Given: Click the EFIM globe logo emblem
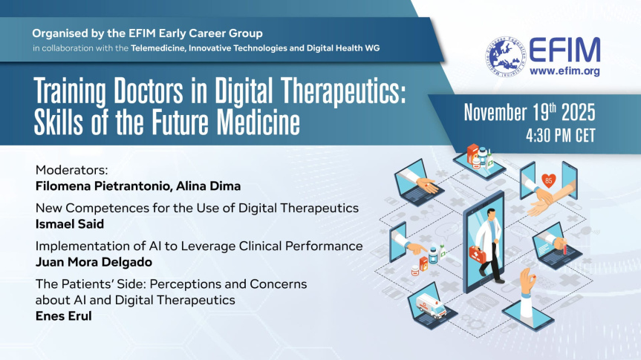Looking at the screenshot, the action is click(x=505, y=56).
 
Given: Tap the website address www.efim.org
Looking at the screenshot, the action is click(x=564, y=71).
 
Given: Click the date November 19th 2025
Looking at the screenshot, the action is click(x=530, y=112).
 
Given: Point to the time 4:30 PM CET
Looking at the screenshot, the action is click(x=561, y=136).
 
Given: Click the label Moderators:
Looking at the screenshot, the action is click(x=71, y=169).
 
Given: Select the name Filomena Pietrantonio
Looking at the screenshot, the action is click(x=103, y=186).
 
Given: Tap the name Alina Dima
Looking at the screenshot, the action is click(x=209, y=186).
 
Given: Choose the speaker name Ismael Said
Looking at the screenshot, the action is click(x=70, y=224).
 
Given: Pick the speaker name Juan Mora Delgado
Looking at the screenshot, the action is click(x=94, y=262).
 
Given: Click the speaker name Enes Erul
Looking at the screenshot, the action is click(x=63, y=316).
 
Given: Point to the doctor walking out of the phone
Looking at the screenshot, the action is click(x=489, y=246).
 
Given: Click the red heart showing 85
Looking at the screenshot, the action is click(x=549, y=180).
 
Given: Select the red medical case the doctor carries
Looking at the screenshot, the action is click(x=478, y=254).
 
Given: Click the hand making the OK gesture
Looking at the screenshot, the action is click(x=528, y=280).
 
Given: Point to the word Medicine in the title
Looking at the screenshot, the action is click(x=258, y=122).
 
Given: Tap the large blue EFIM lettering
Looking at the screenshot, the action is click(x=564, y=50).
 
